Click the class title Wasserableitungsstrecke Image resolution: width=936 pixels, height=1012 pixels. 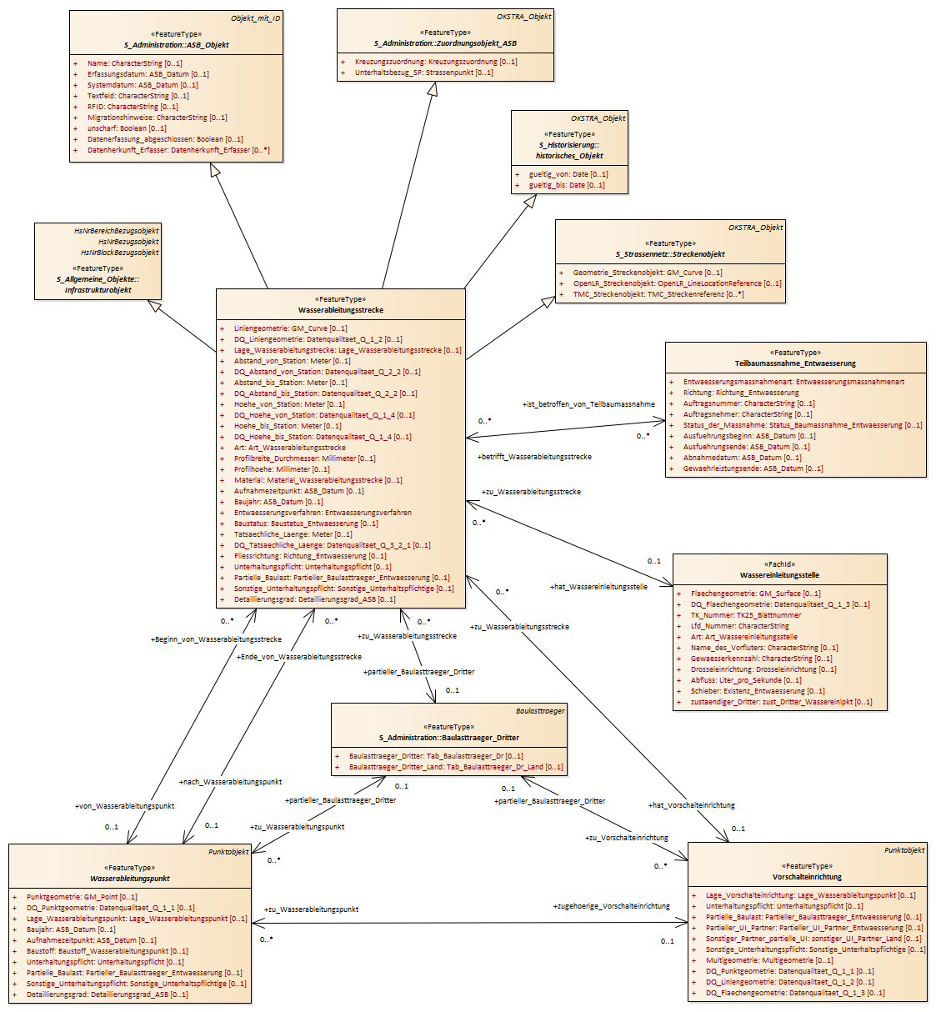[340, 310]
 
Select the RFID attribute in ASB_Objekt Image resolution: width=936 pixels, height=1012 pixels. [133, 107]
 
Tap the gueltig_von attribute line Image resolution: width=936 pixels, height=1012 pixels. [568, 173]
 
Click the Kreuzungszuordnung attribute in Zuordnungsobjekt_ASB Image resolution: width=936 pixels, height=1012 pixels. [436, 61]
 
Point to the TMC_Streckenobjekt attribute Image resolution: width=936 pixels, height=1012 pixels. [658, 294]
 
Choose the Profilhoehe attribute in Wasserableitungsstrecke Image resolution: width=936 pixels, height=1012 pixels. [282, 468]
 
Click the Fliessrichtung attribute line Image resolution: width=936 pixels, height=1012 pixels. [310, 555]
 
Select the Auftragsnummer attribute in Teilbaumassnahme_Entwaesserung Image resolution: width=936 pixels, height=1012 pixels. [749, 403]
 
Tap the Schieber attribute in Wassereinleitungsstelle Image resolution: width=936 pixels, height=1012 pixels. [758, 691]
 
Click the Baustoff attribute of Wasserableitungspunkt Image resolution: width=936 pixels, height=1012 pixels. [107, 951]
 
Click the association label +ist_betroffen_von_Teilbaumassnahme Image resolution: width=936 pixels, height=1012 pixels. [588, 404]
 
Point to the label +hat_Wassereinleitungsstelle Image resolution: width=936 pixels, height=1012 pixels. [598, 587]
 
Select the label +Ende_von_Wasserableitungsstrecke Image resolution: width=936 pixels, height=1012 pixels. [299, 657]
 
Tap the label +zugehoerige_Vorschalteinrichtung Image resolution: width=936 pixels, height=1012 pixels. [612, 906]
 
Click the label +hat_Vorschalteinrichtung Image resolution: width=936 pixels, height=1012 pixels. [692, 805]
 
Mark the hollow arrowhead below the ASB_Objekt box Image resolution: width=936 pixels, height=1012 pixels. [215, 170]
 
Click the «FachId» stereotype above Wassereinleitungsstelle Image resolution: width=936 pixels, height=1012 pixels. [779, 564]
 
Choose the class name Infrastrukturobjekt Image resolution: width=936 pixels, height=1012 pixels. [98, 290]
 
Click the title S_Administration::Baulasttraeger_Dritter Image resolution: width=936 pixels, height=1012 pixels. [449, 738]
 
